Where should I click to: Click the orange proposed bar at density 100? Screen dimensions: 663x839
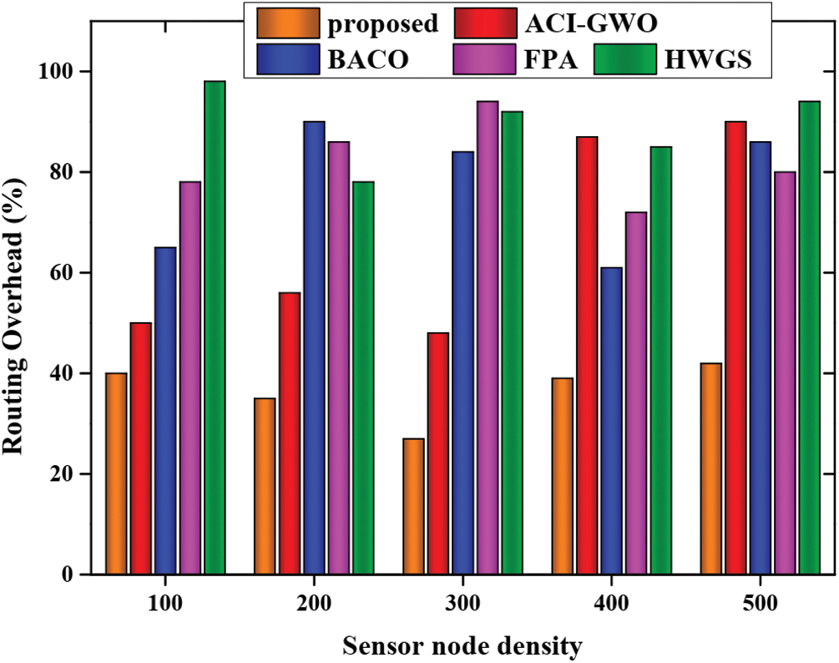pyautogui.click(x=116, y=473)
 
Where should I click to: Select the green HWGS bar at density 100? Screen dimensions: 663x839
pyautogui.click(x=215, y=327)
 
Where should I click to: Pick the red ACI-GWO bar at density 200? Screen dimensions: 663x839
pyautogui.click(x=290, y=433)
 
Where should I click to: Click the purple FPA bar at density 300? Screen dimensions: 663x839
pyautogui.click(x=488, y=337)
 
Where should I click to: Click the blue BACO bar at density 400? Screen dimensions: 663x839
pyautogui.click(x=612, y=421)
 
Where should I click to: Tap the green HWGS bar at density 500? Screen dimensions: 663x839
pyautogui.click(x=810, y=337)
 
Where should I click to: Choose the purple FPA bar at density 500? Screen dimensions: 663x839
pyautogui.click(x=785, y=372)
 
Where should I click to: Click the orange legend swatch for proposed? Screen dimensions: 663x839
pyautogui.click(x=288, y=23)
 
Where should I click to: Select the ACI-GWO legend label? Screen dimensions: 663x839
pyautogui.click(x=586, y=23)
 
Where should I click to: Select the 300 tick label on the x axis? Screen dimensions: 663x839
pyautogui.click(x=462, y=603)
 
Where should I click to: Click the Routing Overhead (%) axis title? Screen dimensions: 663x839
pyautogui.click(x=16, y=321)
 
